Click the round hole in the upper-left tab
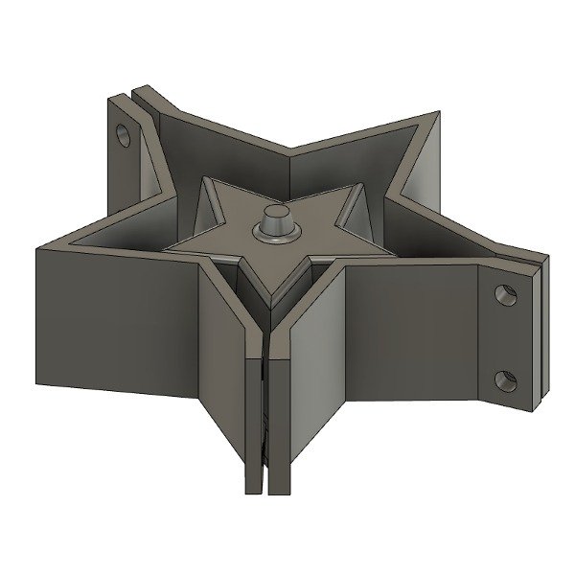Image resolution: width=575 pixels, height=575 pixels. pos(125,133)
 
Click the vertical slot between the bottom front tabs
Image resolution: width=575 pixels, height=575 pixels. pos(262,422)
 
